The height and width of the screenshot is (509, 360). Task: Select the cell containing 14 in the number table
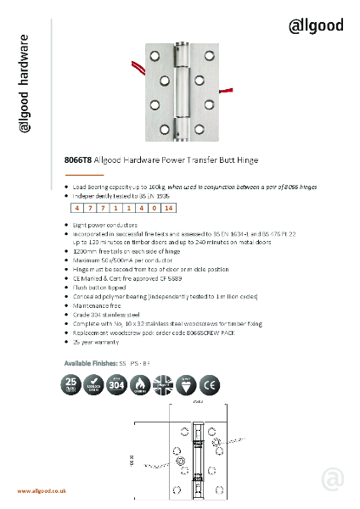[x=168, y=207]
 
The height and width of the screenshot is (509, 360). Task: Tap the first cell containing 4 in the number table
[x=77, y=207]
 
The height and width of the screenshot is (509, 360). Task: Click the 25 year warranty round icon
[x=74, y=384]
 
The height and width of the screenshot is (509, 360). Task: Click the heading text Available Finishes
[x=90, y=362]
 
